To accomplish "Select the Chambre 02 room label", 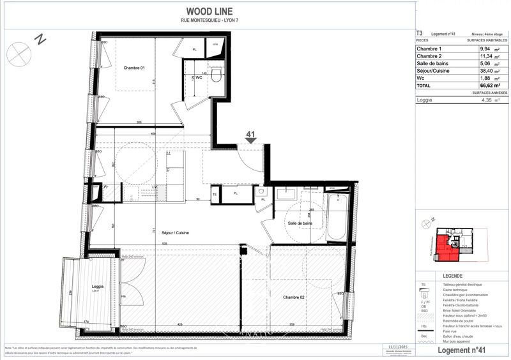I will pyautogui.click(x=293, y=297).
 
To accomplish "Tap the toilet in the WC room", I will pyautogui.click(x=216, y=77).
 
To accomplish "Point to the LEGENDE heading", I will pyautogui.click(x=453, y=275).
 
